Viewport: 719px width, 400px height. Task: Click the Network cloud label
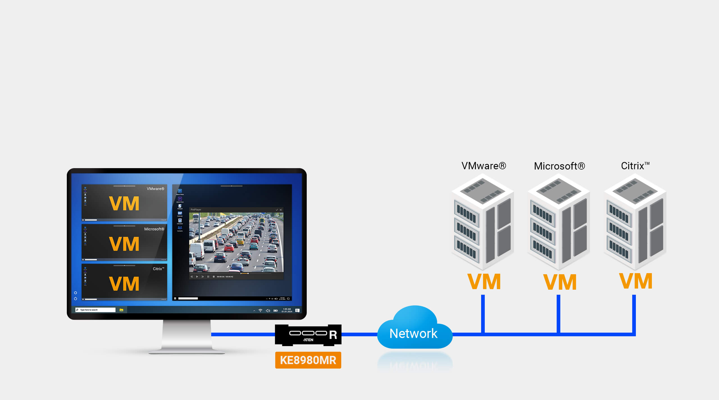[x=413, y=333]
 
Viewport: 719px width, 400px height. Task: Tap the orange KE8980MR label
[x=308, y=360]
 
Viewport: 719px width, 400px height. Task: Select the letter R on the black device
[x=333, y=335]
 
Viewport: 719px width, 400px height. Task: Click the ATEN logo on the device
[x=308, y=340]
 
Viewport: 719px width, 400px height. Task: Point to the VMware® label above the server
[x=483, y=166]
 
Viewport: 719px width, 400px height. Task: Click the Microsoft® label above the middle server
[x=559, y=166]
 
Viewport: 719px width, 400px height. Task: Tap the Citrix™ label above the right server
[x=635, y=166]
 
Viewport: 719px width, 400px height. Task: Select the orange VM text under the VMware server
[x=484, y=282]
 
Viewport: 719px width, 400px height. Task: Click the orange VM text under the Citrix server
[x=636, y=281]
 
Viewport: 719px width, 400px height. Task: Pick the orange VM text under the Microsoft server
[x=560, y=282]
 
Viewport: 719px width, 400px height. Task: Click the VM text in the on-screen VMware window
[x=124, y=204]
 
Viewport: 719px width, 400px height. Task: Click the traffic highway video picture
[x=236, y=242]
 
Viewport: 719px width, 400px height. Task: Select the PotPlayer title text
[x=196, y=210]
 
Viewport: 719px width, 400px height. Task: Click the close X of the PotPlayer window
[x=281, y=210]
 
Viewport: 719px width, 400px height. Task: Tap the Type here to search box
[x=95, y=310]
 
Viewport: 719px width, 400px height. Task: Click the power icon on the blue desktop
[x=75, y=299]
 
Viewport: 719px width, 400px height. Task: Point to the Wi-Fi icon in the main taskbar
[x=260, y=310]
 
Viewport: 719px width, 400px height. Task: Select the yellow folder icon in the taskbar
[x=121, y=310]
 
